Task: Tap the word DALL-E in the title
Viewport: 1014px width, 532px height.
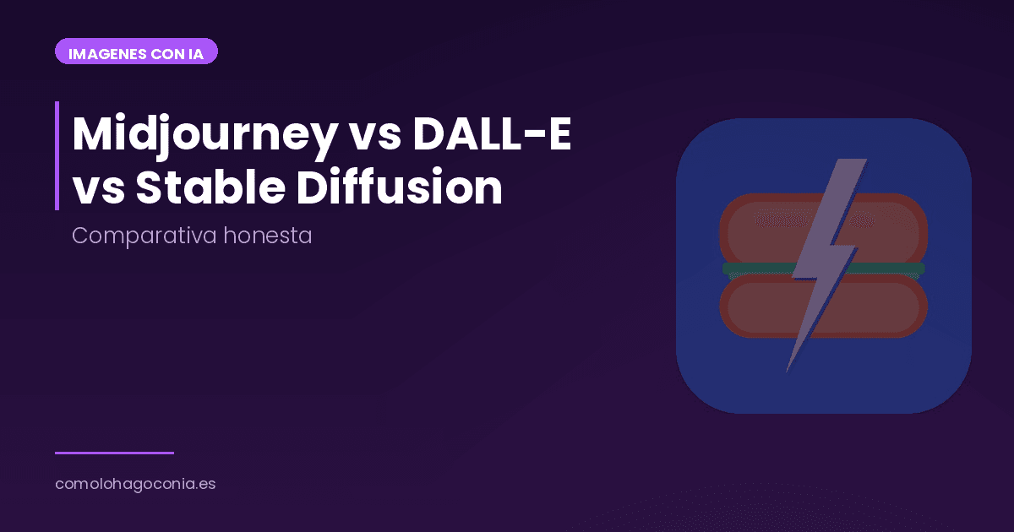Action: pos(492,134)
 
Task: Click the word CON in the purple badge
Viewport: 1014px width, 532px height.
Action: pos(164,53)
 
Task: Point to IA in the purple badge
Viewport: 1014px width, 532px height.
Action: pos(195,53)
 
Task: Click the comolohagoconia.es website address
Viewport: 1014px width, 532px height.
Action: pos(135,485)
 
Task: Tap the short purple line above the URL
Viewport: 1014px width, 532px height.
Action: pos(114,453)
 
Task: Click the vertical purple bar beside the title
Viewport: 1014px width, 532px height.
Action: pos(57,155)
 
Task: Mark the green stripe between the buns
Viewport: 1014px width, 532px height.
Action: pos(752,269)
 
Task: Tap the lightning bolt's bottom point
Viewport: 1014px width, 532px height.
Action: pos(788,370)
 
